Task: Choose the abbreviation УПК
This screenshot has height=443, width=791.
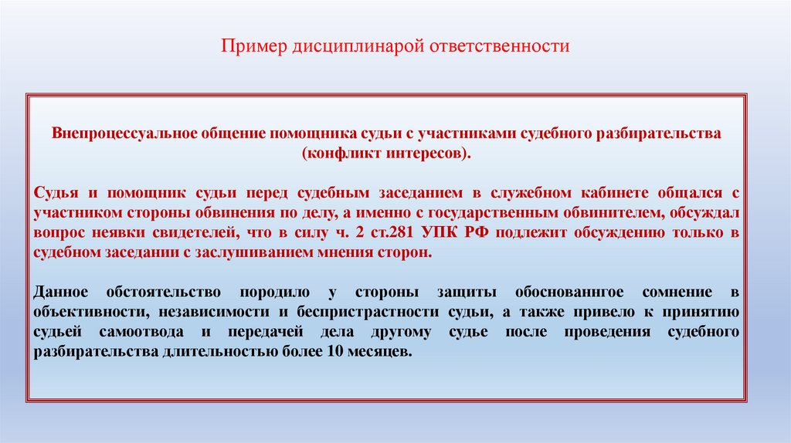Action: [x=449, y=233]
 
